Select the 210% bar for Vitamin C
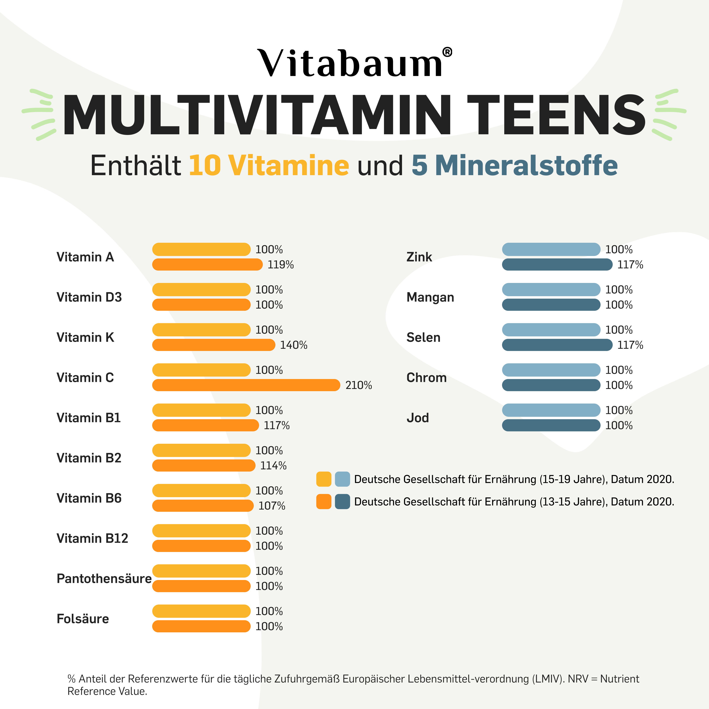pyautogui.click(x=246, y=385)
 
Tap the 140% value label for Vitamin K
pyautogui.click(x=294, y=345)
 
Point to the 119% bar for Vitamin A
pyautogui.click(x=207, y=265)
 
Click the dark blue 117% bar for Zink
pyautogui.click(x=557, y=265)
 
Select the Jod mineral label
pyautogui.click(x=418, y=418)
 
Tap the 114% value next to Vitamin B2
pyautogui.click(x=273, y=466)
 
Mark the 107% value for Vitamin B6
pyautogui.click(x=272, y=506)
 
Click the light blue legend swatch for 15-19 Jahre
pyautogui.click(x=342, y=479)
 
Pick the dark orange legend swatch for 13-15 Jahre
pyautogui.click(x=324, y=502)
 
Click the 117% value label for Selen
pyautogui.click(x=630, y=345)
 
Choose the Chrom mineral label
pyautogui.click(x=427, y=378)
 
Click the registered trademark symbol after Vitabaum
pyautogui.click(x=447, y=52)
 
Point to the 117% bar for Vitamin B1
pyautogui.click(x=205, y=425)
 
